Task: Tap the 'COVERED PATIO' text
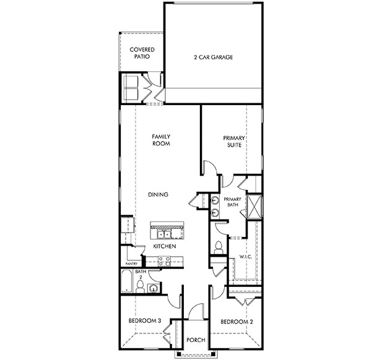point(142,53)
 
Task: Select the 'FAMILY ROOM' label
point(162,139)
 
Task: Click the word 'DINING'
point(158,195)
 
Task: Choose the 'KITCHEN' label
point(165,247)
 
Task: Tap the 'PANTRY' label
point(131,264)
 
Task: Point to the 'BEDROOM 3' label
point(145,321)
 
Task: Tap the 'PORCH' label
point(196,340)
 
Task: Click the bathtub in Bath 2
point(126,282)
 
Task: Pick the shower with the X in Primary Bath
point(254,204)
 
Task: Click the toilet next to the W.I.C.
point(217,246)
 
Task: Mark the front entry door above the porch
point(196,312)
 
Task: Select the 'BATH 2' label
point(141,274)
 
